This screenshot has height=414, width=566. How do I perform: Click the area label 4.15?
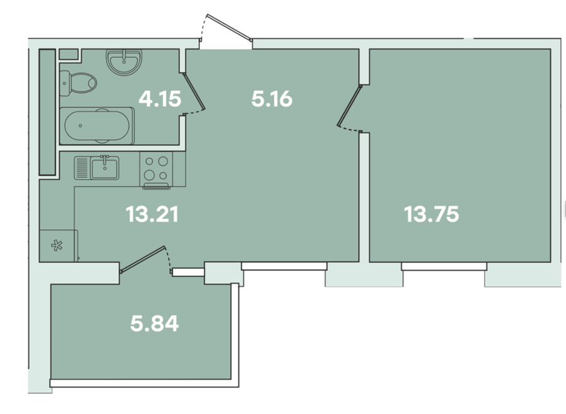click(160, 99)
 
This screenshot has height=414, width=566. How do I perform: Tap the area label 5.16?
click(272, 99)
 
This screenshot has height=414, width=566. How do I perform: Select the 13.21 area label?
click(152, 214)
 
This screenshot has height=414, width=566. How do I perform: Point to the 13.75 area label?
click(431, 214)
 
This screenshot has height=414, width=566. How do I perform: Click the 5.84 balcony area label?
click(155, 323)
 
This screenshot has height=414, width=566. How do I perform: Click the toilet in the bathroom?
click(78, 83)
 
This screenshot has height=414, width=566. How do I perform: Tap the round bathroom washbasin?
click(124, 62)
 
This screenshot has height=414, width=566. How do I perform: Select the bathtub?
click(97, 126)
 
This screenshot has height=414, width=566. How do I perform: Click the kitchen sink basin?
click(104, 168)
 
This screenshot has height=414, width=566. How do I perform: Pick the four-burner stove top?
click(156, 169)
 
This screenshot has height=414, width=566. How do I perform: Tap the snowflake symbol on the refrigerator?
click(57, 245)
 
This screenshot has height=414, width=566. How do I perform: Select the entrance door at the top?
click(229, 26)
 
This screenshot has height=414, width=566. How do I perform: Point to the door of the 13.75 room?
click(349, 106)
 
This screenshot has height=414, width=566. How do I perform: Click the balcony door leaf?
click(143, 259)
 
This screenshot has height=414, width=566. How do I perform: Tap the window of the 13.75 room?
click(444, 267)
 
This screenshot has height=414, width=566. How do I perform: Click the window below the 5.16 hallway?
click(284, 266)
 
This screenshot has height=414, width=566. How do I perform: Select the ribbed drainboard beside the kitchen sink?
click(82, 168)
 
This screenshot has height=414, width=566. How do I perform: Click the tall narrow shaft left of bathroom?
click(47, 112)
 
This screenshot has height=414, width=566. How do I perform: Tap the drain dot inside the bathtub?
click(80, 126)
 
